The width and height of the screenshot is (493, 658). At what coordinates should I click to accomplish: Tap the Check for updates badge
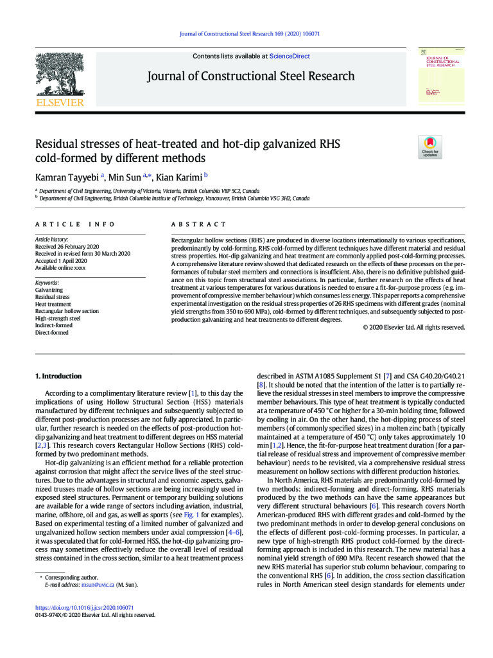(429, 147)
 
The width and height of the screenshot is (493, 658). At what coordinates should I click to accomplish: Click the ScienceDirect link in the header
(290, 57)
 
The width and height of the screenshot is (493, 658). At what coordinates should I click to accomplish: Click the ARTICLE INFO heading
(75, 224)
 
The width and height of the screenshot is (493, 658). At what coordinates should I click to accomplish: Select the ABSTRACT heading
(198, 224)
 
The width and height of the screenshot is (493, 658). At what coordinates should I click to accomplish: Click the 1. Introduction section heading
(58, 376)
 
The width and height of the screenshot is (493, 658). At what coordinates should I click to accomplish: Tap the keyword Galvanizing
(49, 290)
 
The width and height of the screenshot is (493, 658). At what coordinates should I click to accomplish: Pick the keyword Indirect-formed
(54, 326)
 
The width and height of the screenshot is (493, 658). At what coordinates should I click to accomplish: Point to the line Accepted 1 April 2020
(61, 261)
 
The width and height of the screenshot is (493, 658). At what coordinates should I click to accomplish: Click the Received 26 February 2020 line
(67, 247)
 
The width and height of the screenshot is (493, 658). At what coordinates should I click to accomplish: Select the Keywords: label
(47, 283)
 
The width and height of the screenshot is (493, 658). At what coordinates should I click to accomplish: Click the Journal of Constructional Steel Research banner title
(250, 76)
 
